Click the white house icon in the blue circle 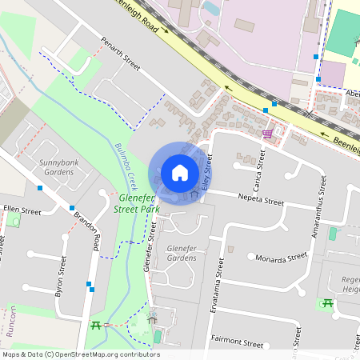[180, 172]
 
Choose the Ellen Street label [22, 210]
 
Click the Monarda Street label [282, 258]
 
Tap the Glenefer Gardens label [181, 254]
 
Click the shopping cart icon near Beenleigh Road [268, 133]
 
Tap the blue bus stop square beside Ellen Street [39, 188]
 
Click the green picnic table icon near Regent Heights [326, 302]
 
